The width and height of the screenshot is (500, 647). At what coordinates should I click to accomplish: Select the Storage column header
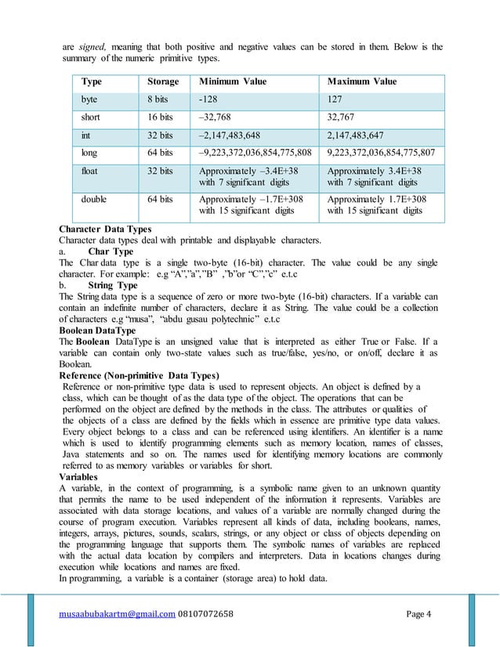coord(163,81)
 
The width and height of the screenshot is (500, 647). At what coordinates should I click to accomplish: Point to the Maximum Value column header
coord(362,81)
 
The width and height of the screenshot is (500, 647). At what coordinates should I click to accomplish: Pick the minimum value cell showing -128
coord(209,100)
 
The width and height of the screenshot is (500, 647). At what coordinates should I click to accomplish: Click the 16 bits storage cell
coord(161,117)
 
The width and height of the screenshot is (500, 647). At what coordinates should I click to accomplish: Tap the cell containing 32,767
coord(341,117)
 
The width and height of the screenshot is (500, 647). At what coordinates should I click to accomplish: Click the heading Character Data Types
coord(105,228)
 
